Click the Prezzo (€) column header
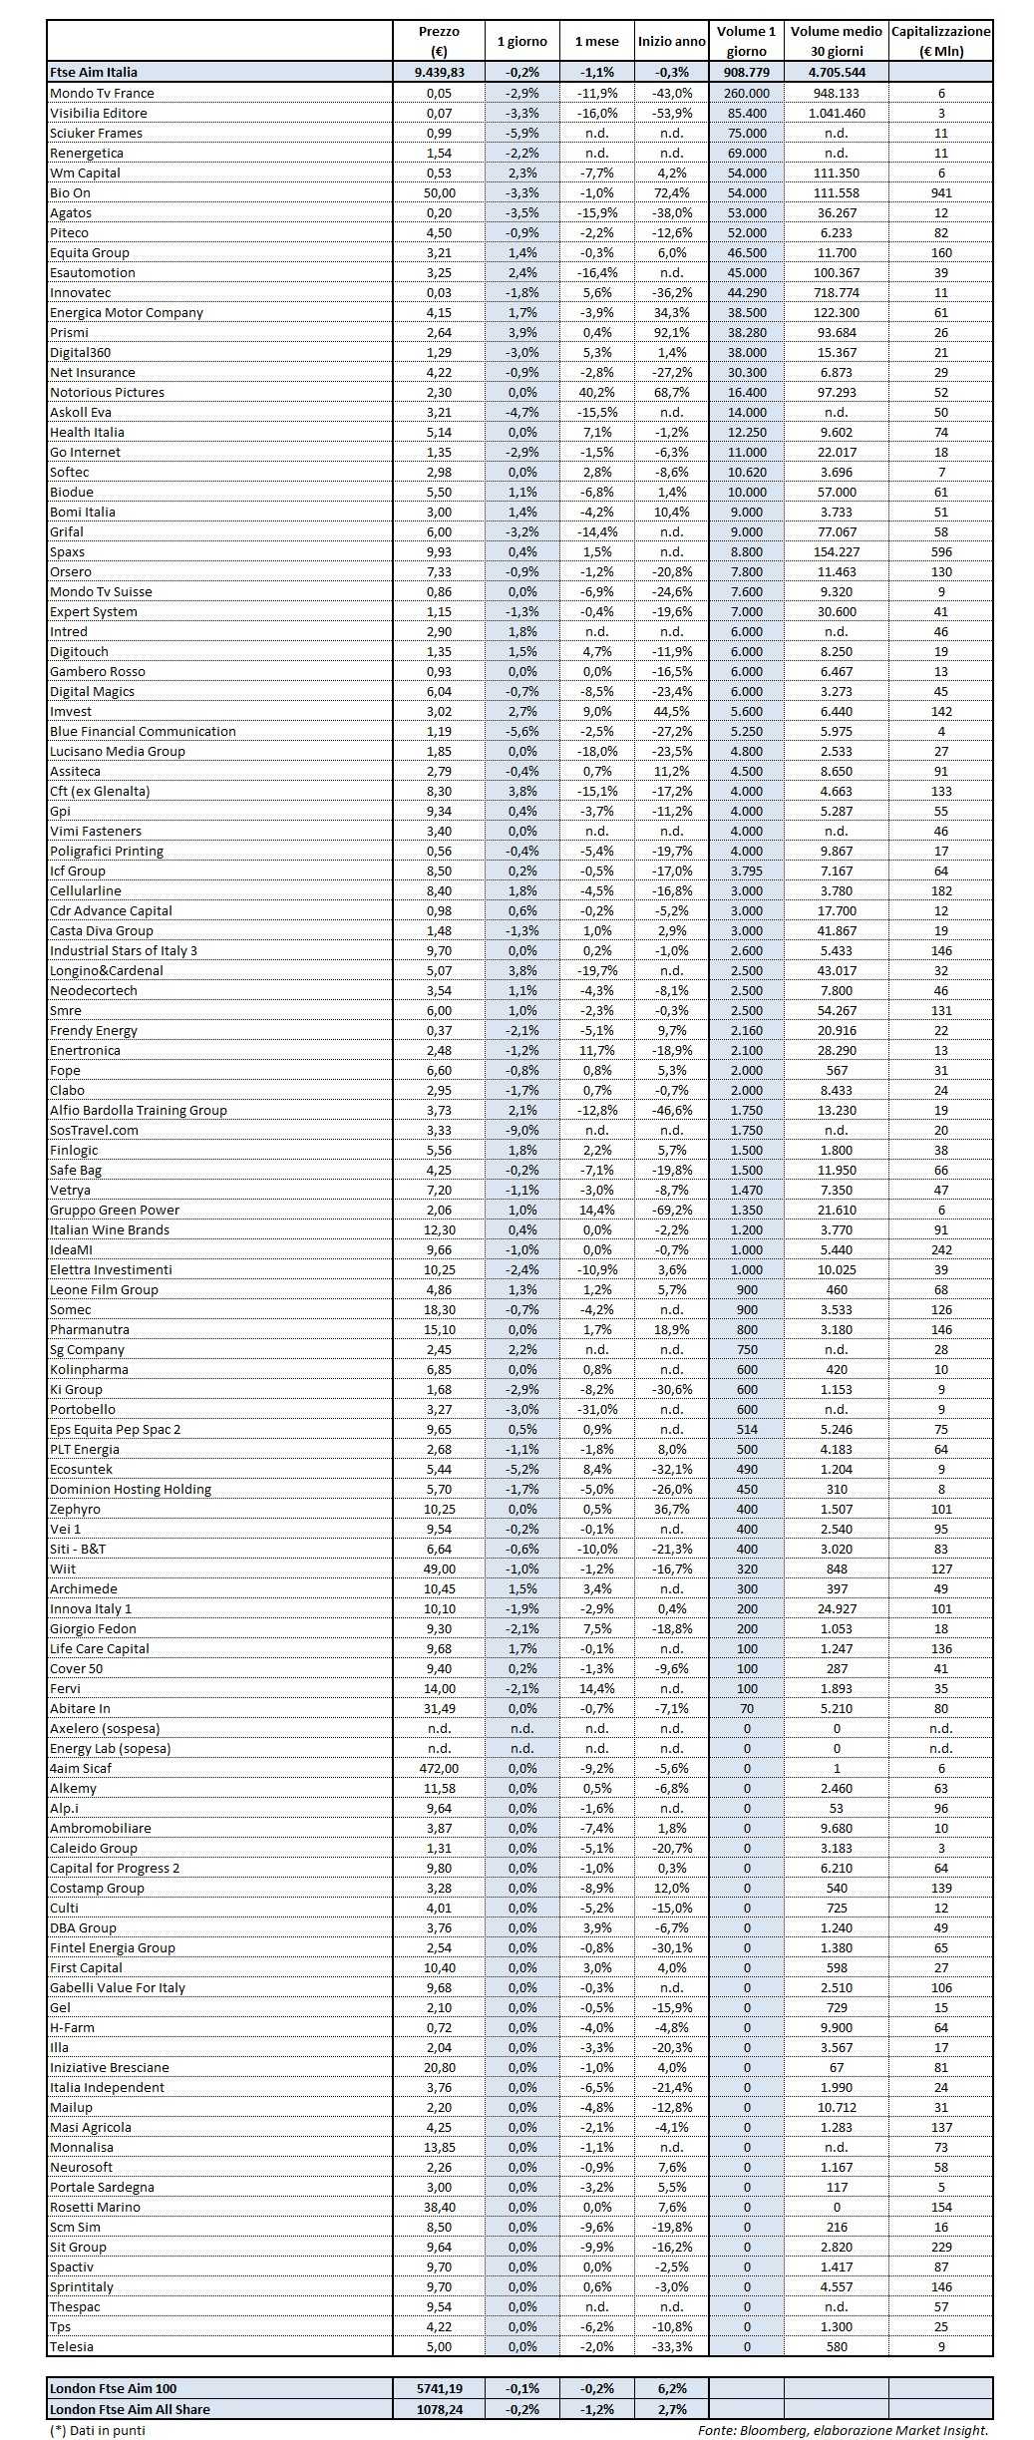(439, 41)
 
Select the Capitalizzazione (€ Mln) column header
(940, 41)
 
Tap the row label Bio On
(71, 192)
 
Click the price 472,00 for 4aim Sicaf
(439, 1768)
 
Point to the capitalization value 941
(940, 192)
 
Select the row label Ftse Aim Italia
(94, 72)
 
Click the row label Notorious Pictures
(108, 392)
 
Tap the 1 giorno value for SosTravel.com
(522, 1130)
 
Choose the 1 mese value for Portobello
(596, 1409)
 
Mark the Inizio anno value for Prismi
(672, 332)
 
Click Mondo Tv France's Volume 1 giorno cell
(746, 93)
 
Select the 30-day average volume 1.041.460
(837, 113)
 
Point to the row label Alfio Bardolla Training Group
(139, 1110)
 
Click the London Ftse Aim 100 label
(113, 2388)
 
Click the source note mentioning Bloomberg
(844, 2430)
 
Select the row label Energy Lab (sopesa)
(111, 1748)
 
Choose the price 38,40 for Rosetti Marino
(439, 2207)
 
